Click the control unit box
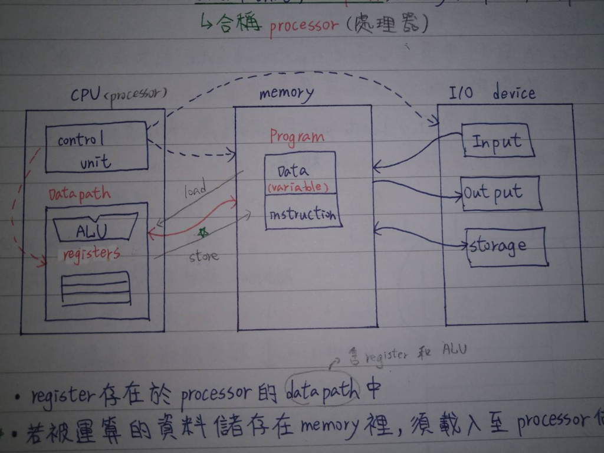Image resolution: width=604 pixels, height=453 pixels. click(x=96, y=147)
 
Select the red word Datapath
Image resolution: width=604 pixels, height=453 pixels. click(x=79, y=193)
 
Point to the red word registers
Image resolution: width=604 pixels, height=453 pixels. click(x=91, y=254)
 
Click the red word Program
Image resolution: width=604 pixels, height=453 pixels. click(x=297, y=136)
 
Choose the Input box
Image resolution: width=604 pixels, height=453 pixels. click(x=498, y=141)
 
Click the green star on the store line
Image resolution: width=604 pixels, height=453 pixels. click(x=203, y=233)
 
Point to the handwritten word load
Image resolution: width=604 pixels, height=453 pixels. click(x=195, y=191)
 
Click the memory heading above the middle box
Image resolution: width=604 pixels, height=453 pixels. click(x=286, y=93)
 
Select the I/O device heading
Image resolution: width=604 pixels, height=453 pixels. click(x=492, y=93)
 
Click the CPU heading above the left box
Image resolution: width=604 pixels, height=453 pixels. click(x=118, y=94)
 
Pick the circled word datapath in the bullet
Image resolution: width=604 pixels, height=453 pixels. click(x=321, y=391)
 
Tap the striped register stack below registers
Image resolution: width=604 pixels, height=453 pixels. click(x=96, y=288)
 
